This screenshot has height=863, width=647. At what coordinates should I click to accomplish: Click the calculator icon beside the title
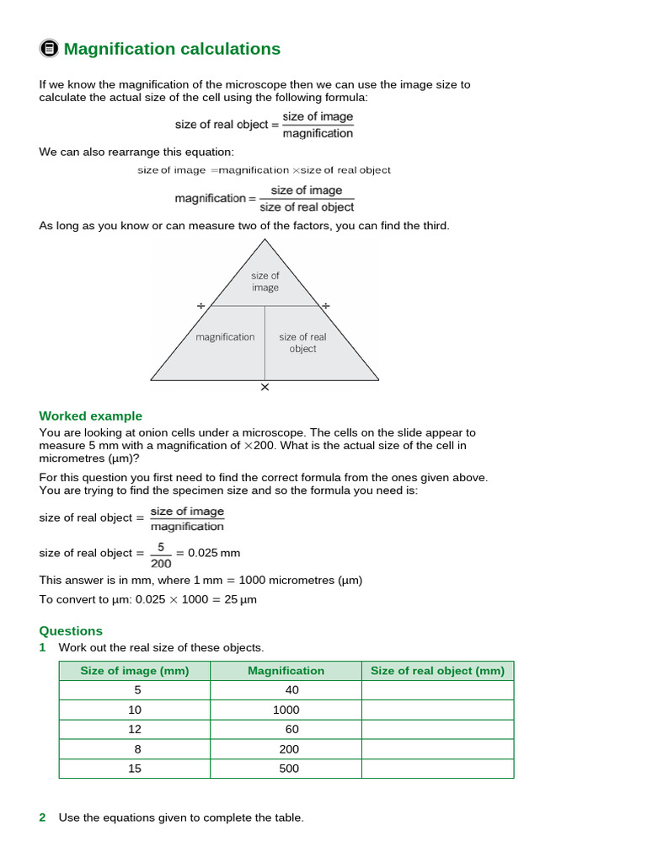click(x=49, y=49)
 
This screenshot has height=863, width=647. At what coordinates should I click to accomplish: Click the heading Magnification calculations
click(x=172, y=49)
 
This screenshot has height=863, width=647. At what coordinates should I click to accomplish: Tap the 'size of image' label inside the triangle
click(x=265, y=281)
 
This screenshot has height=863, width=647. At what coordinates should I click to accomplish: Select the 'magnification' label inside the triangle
click(x=225, y=337)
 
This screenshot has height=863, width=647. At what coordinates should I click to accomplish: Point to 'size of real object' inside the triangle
click(x=302, y=342)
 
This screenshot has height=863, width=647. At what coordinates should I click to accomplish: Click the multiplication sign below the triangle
click(x=265, y=388)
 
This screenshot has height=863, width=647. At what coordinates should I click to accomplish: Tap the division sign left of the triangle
click(x=201, y=306)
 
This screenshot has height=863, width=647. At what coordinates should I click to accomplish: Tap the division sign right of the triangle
click(x=326, y=306)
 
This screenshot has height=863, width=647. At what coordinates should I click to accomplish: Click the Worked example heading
click(x=91, y=416)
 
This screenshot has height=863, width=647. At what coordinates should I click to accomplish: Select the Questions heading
click(x=71, y=630)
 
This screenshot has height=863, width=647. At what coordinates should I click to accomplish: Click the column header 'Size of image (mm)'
click(x=135, y=671)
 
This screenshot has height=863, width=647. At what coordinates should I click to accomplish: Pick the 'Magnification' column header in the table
click(x=286, y=671)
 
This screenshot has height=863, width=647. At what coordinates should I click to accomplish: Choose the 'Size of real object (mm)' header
click(x=437, y=671)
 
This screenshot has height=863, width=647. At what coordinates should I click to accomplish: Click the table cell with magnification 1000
click(x=286, y=710)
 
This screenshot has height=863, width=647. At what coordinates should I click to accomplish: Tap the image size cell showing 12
click(x=135, y=729)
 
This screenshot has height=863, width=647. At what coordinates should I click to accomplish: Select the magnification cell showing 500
click(x=286, y=768)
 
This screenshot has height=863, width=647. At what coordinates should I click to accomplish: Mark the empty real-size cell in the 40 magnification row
click(x=437, y=690)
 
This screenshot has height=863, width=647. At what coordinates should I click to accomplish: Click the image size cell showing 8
click(x=135, y=748)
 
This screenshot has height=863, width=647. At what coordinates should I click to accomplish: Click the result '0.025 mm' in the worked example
click(x=214, y=553)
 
